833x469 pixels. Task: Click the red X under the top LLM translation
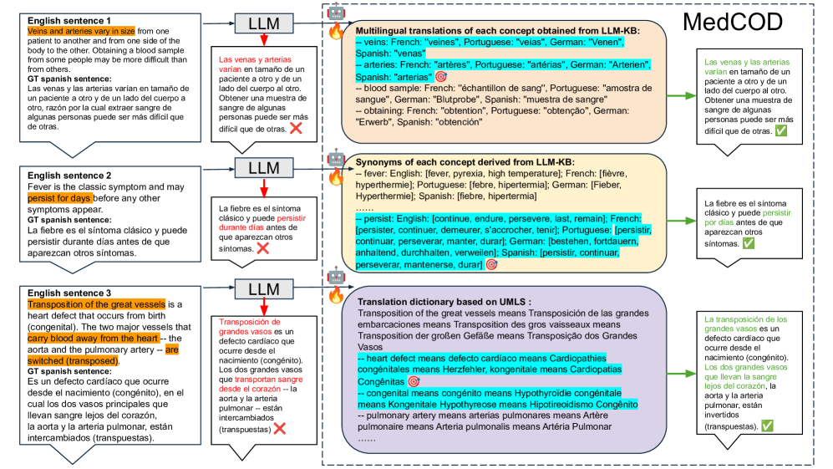[x=296, y=128]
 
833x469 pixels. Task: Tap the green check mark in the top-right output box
[x=780, y=131]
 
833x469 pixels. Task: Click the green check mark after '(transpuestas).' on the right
[x=767, y=426]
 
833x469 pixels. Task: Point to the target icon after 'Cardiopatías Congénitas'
[x=413, y=381]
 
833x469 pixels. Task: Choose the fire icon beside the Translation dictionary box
[x=336, y=295]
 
